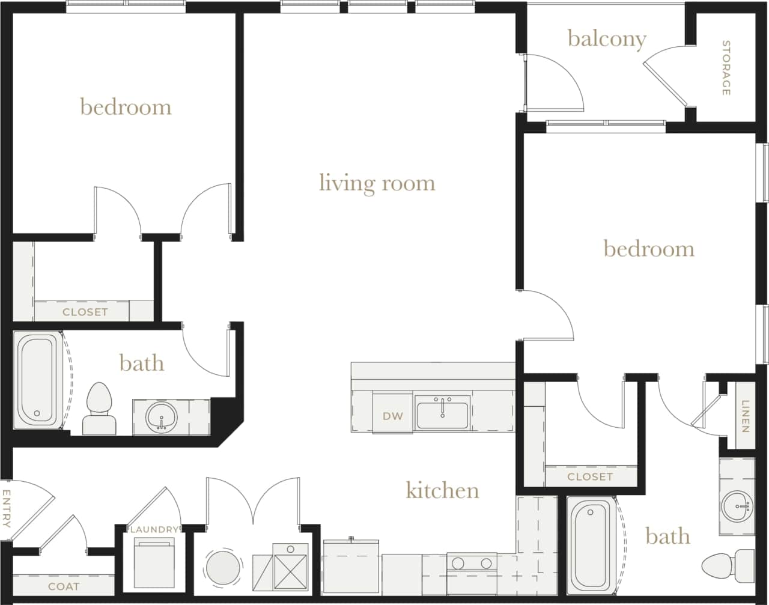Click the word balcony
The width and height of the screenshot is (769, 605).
tap(607, 39)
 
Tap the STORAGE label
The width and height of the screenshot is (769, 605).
tap(726, 68)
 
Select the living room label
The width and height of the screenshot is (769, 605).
tap(377, 183)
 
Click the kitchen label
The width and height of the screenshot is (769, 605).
tap(443, 490)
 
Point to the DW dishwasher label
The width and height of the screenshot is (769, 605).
tap(393, 416)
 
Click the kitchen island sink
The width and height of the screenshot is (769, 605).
tap(442, 414)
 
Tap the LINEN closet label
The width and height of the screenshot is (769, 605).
tap(745, 416)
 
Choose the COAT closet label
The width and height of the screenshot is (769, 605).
tap(63, 586)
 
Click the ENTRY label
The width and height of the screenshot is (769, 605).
tap(7, 508)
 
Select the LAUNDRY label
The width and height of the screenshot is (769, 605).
tap(154, 529)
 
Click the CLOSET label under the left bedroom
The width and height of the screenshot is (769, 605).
tap(85, 312)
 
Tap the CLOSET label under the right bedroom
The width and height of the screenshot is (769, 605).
tap(590, 476)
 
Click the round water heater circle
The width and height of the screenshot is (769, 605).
tap(223, 567)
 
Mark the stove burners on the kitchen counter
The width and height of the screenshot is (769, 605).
tap(472, 564)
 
